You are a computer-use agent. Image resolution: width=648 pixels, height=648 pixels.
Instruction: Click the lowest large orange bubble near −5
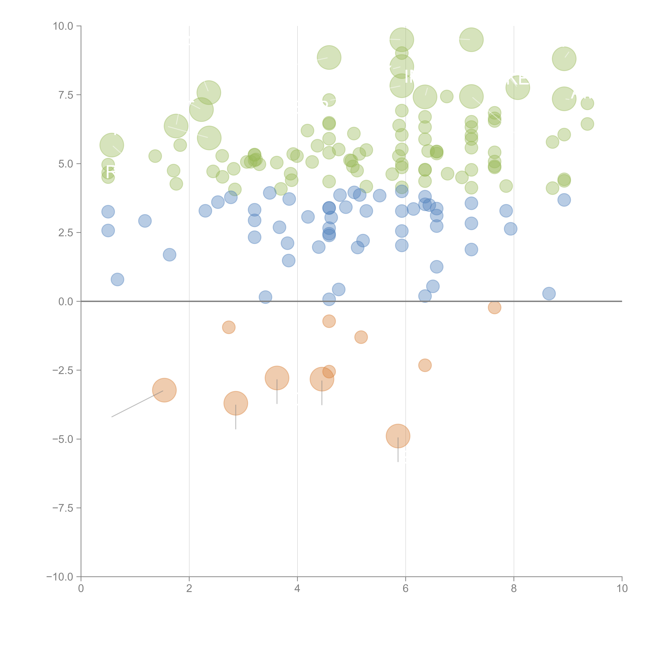(x=398, y=436)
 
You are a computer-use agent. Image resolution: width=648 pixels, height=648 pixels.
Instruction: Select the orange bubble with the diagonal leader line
(x=164, y=390)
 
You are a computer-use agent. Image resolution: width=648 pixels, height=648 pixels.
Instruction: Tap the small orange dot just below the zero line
(x=494, y=307)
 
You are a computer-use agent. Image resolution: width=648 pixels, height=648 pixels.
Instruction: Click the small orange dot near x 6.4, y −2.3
(x=425, y=365)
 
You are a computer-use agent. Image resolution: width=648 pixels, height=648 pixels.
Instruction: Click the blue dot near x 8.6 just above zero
(x=549, y=293)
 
